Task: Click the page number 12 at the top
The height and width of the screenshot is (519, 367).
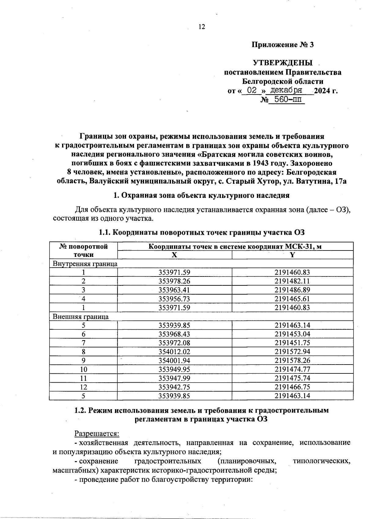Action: click(x=202, y=27)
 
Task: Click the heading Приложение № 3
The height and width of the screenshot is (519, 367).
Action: click(x=283, y=45)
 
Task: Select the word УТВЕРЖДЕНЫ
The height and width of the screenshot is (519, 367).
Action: click(x=283, y=63)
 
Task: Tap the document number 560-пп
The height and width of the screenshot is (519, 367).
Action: click(x=287, y=99)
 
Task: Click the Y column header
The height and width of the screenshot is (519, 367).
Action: click(x=292, y=255)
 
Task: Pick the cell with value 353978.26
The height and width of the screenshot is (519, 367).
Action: click(x=174, y=281)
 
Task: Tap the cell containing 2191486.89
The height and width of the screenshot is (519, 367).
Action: click(x=292, y=290)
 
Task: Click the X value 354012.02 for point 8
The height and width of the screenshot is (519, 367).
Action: click(x=174, y=352)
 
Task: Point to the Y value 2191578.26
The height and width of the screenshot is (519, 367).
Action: click(x=292, y=361)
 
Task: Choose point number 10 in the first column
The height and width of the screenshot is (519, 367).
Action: click(x=83, y=369)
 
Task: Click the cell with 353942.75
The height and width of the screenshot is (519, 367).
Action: click(x=174, y=387)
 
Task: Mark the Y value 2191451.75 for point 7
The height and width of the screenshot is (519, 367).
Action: click(x=292, y=343)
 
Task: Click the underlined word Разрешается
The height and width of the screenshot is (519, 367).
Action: click(x=97, y=434)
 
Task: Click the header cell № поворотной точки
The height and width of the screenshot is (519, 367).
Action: click(x=83, y=250)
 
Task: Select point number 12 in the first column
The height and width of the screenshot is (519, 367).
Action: click(x=83, y=387)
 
